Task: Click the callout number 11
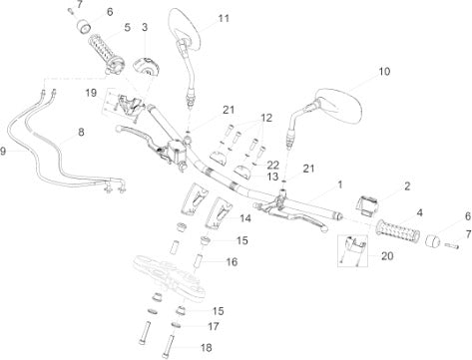(x=224, y=18)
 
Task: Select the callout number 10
(x=384, y=71)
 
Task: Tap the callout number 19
(x=91, y=93)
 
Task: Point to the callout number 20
(x=387, y=256)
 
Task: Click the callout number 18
(x=207, y=348)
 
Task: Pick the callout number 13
(x=272, y=177)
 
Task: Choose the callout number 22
(x=272, y=165)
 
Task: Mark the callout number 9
(x=3, y=152)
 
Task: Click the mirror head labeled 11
(x=186, y=29)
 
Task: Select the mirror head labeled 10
(x=338, y=106)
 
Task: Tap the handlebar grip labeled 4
(x=398, y=231)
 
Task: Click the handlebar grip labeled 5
(x=106, y=53)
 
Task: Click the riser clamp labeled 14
(x=219, y=213)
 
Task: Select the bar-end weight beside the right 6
(x=433, y=240)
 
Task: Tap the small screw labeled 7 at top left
(x=71, y=11)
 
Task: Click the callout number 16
(x=232, y=262)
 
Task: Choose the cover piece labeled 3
(x=146, y=66)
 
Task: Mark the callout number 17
(x=214, y=326)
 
